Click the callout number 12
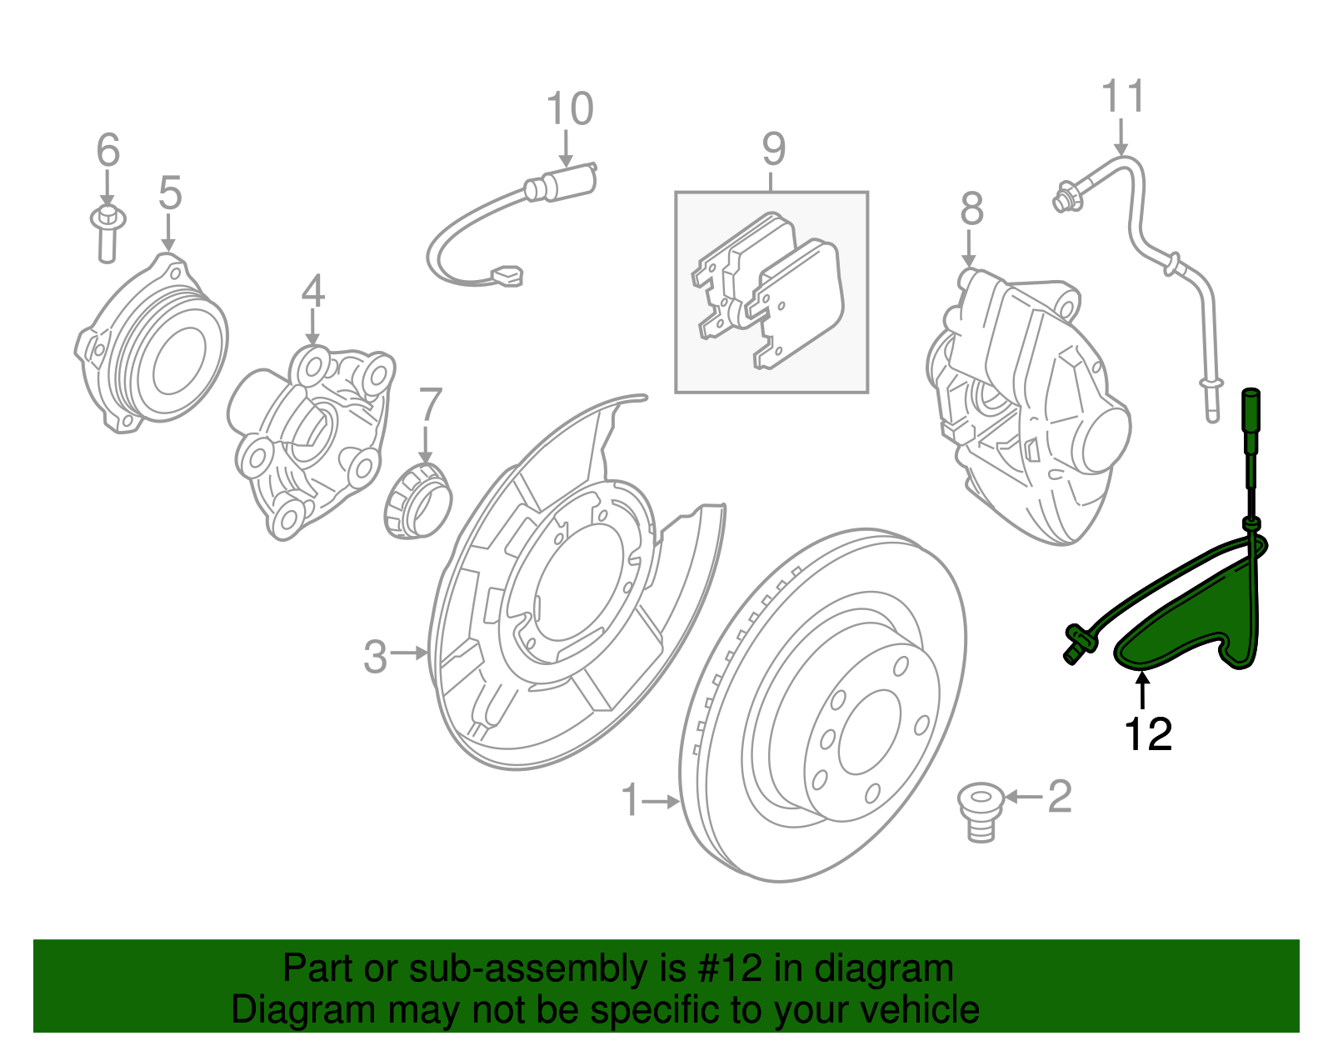(1148, 733)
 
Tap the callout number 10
(570, 109)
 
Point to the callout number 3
(375, 657)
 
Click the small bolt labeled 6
(108, 234)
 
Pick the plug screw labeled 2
(981, 812)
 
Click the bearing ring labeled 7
(417, 501)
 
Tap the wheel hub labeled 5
(152, 343)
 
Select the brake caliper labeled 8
(1029, 406)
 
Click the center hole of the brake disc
(869, 732)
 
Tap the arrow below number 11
(1121, 137)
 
